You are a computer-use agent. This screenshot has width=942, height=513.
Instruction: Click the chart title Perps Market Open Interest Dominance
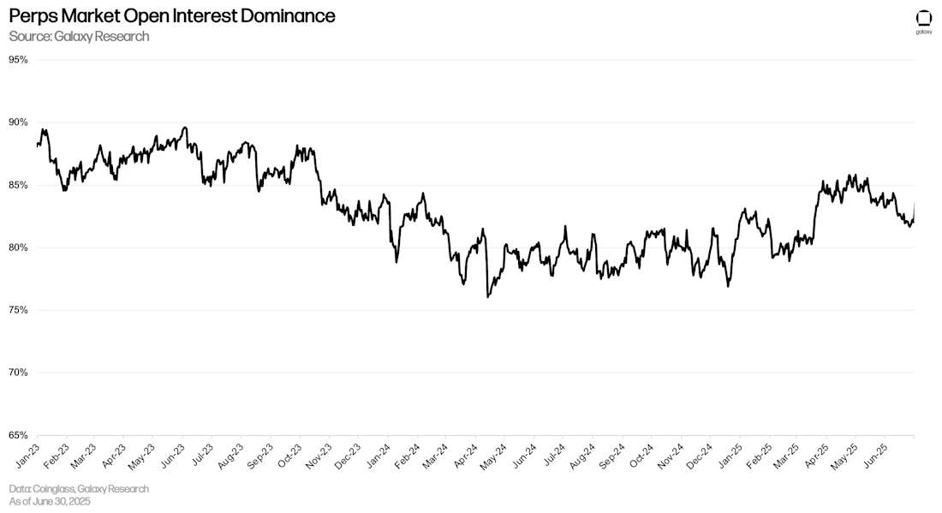pos(171,16)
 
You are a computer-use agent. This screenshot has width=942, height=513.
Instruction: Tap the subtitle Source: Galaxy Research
pos(79,36)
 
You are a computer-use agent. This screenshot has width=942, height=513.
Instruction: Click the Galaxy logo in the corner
pos(924,21)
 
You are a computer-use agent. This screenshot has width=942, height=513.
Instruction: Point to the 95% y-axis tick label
pos(19,60)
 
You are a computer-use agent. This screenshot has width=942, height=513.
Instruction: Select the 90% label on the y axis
pos(19,122)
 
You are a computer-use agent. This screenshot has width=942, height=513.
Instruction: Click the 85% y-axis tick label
pos(19,185)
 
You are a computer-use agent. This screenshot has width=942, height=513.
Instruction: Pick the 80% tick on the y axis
pos(19,248)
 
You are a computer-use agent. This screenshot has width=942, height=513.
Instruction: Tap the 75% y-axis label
pos(19,310)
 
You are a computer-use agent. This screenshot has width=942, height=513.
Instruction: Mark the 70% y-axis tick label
pos(19,373)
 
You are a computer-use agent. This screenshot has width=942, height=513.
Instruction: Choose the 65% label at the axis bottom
pos(19,435)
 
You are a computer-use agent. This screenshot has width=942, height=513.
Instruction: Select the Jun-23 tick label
pos(174,454)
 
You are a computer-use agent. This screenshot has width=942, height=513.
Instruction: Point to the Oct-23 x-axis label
pos(290,454)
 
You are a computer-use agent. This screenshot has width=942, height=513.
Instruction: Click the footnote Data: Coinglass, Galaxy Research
pos(79,488)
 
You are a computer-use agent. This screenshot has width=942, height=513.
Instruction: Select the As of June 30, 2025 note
pos(50,501)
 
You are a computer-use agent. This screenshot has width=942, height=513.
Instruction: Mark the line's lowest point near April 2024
pos(487,297)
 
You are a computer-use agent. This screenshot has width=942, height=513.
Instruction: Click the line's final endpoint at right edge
pos(914,204)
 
